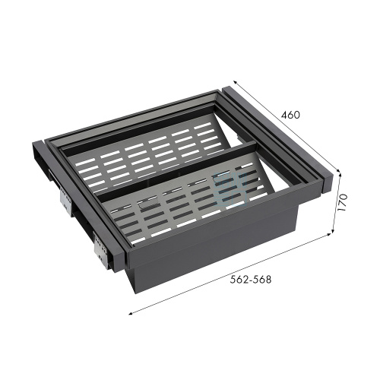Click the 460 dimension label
(290, 115)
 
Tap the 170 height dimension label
(342, 203)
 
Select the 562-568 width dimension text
(251, 280)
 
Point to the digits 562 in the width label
(239, 280)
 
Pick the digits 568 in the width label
(262, 280)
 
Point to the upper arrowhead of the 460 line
(235, 82)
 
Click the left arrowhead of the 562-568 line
(131, 314)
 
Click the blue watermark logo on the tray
(230, 188)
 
